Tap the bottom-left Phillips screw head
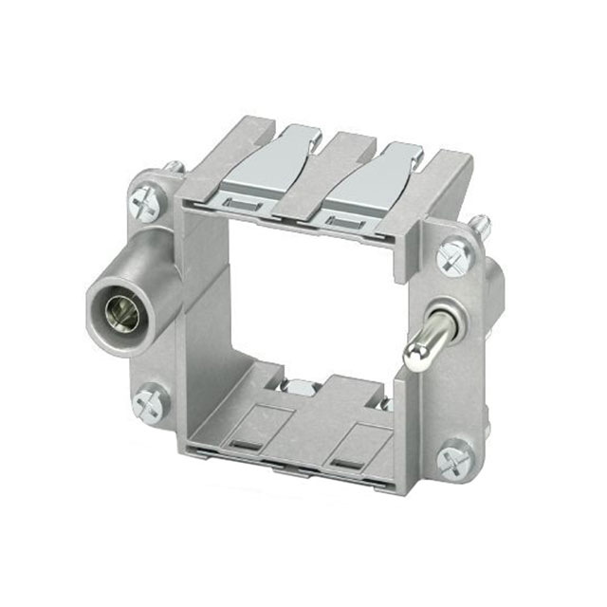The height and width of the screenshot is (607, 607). (152, 403)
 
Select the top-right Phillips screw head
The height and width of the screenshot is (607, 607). (454, 253)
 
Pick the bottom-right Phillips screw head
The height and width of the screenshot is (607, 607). (454, 461)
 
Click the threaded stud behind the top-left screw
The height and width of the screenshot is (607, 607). (174, 167)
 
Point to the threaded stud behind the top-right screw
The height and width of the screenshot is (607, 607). (482, 225)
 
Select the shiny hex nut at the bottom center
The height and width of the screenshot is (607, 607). (301, 388)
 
